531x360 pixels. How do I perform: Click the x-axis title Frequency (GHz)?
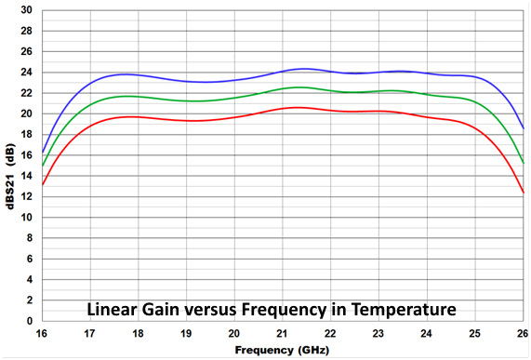(x=283, y=351)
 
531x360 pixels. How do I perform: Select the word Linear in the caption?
(x=114, y=308)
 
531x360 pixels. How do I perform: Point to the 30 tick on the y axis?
(x=28, y=10)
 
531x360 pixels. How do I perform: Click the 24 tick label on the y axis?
(x=28, y=73)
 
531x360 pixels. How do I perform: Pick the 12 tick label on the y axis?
(x=28, y=197)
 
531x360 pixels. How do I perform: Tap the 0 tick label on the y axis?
(x=31, y=321)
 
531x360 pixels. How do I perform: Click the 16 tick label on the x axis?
(x=42, y=333)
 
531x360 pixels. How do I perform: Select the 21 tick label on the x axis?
(x=283, y=333)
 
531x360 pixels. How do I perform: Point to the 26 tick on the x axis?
(x=523, y=333)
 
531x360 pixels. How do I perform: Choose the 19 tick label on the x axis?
(x=186, y=333)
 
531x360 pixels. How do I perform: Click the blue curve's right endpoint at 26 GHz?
(x=524, y=128)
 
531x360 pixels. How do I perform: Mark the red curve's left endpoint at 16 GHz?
(x=43, y=184)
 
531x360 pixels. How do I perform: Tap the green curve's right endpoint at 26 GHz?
(x=524, y=163)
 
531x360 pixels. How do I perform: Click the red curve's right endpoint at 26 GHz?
(x=524, y=193)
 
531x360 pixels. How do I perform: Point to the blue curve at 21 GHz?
(x=283, y=71)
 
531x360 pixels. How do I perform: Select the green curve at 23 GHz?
(x=379, y=91)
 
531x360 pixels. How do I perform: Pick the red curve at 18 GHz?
(x=139, y=117)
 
